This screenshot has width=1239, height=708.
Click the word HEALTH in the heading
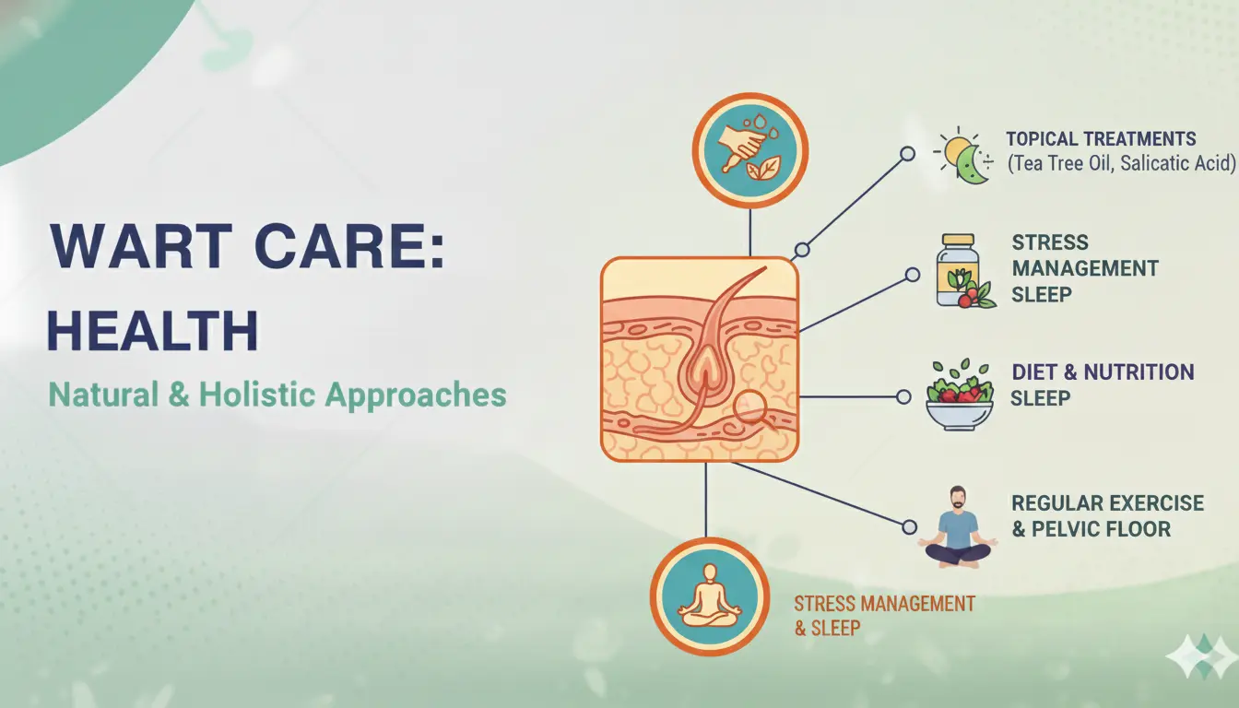[153, 332]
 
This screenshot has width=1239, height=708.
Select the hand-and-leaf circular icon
[749, 151]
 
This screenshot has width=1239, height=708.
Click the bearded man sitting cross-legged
[957, 526]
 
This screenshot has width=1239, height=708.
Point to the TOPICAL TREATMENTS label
[1101, 139]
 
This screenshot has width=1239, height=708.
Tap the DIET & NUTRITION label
[1103, 372]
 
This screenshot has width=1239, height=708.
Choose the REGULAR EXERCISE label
[1107, 503]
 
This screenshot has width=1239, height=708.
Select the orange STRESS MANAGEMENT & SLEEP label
[884, 615]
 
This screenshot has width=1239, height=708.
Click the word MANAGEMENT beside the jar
[1085, 268]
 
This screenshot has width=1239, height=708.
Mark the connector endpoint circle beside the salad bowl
[903, 396]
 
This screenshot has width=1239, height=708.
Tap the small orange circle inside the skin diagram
[753, 404]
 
